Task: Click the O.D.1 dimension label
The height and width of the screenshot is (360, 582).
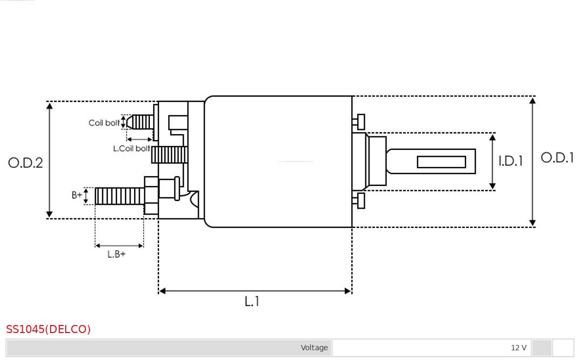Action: click(557, 158)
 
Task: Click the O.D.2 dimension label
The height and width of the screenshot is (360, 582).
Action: click(25, 163)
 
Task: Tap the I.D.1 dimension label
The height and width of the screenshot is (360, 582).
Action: click(510, 161)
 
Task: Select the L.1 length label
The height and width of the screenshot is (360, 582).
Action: click(252, 302)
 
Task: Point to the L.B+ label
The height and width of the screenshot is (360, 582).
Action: click(116, 254)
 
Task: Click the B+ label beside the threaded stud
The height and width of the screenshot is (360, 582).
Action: click(77, 195)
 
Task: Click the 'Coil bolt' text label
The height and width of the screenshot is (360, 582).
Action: click(104, 123)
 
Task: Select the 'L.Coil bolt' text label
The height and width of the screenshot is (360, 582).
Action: click(131, 148)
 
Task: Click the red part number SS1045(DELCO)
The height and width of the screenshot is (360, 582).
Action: click(48, 329)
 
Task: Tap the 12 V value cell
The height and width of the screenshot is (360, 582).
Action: click(518, 348)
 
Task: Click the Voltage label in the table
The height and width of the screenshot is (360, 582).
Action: click(314, 348)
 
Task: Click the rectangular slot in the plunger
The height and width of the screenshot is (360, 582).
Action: click(441, 162)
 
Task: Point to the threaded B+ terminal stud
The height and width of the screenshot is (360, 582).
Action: click(119, 196)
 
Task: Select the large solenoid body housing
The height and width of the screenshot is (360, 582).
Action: click(278, 162)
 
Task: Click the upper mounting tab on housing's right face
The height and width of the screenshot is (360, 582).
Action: click(360, 122)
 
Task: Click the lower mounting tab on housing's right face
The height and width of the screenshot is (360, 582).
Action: click(360, 200)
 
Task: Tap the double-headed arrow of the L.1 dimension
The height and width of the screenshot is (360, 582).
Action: click(255, 291)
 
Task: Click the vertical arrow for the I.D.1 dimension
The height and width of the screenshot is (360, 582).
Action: click(492, 162)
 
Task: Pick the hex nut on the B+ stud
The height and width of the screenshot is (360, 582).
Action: click(151, 195)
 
